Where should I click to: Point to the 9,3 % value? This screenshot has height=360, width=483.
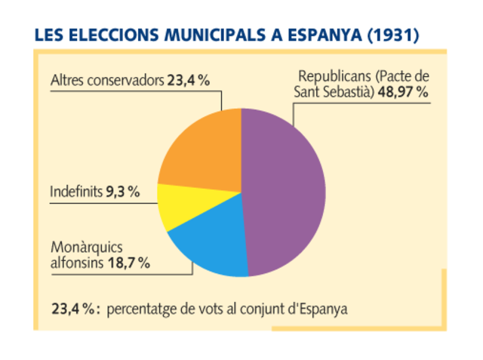(122, 192)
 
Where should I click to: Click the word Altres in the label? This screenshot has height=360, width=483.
(67, 80)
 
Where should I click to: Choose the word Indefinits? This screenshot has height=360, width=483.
(76, 192)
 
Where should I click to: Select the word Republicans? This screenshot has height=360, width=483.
(333, 77)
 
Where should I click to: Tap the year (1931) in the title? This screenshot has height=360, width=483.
(392, 35)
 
